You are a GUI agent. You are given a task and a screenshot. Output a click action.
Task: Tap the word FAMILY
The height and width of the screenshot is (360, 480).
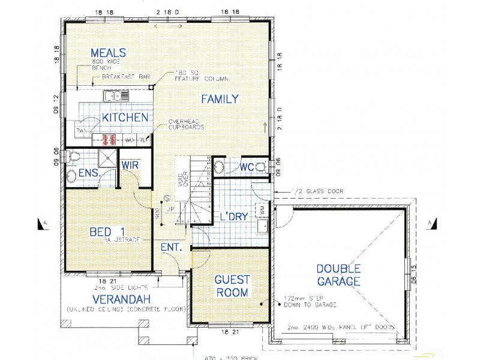tap(220, 99)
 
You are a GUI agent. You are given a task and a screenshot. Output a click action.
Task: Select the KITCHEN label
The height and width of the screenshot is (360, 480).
tap(124, 117)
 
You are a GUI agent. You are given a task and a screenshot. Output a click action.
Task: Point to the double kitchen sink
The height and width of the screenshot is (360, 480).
tap(116, 95)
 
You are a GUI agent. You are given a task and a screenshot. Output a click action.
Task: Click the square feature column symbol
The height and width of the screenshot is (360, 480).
tap(152, 87)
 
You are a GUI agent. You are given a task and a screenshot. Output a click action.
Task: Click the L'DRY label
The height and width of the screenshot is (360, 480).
tap(234, 217)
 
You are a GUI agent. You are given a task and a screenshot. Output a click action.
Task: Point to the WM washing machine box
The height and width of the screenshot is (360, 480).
tap(262, 209)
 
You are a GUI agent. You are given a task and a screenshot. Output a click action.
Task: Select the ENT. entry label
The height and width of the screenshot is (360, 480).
tap(172, 247)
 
